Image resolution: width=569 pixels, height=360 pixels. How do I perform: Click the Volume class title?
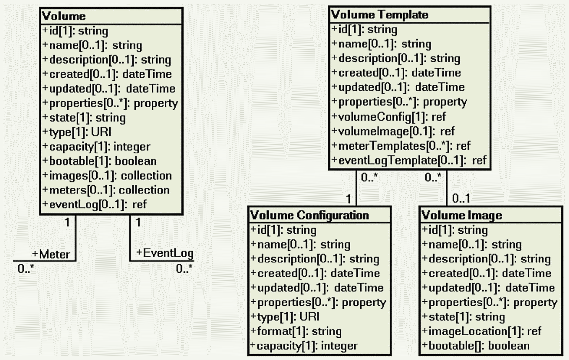64,16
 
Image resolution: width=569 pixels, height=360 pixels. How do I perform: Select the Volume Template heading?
379,15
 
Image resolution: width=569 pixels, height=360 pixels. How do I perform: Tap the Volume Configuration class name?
309,215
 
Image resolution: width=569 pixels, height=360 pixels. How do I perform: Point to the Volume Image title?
462,215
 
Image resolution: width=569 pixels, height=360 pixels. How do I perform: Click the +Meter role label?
51,254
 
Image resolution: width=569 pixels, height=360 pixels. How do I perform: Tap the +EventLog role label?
165,253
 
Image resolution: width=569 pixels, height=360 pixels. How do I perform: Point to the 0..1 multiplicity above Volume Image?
461,198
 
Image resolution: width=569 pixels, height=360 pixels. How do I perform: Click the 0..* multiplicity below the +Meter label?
26,269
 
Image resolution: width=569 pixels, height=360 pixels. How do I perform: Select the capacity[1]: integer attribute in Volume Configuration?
304,346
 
